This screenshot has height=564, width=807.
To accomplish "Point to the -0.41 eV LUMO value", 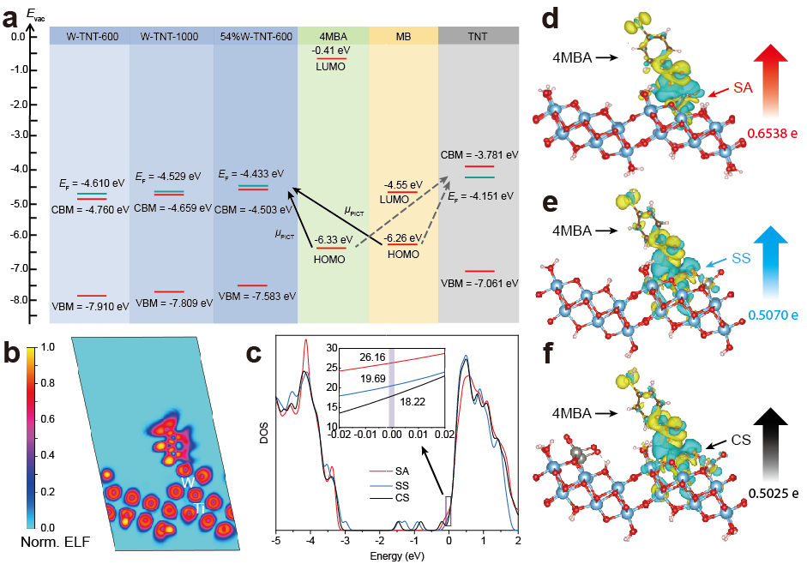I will pos(331,51).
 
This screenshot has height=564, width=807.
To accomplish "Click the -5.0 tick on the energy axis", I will pos(17,201).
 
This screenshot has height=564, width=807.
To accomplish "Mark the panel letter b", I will pos(11,351).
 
